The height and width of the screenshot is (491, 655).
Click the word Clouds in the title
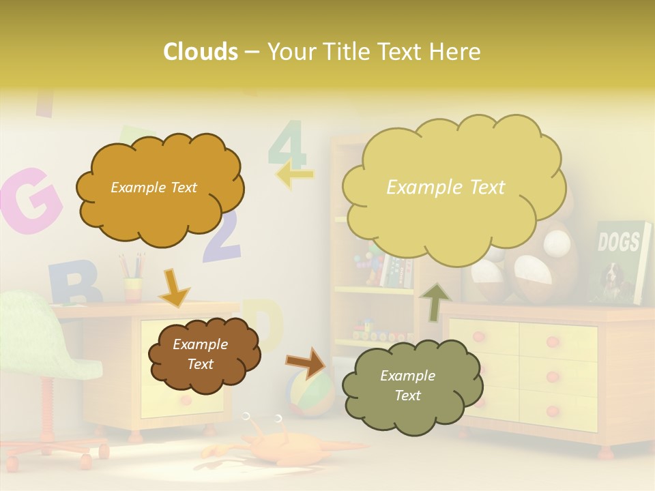(200, 52)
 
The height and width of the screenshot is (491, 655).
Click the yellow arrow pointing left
(295, 175)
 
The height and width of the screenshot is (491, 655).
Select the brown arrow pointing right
(306, 361)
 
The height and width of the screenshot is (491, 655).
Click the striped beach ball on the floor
(310, 392)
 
